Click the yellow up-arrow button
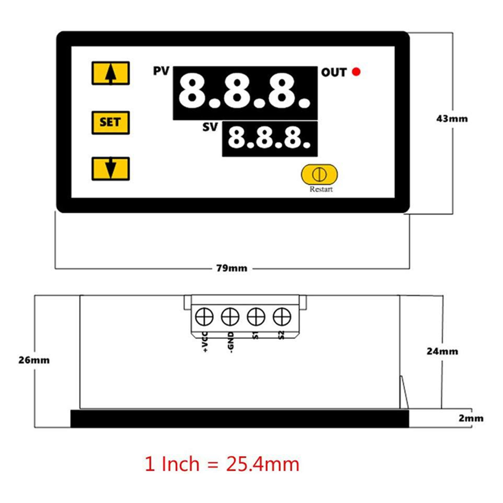[x=111, y=73]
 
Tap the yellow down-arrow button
[x=111, y=169]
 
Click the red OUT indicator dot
[x=356, y=71]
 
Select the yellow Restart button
[x=319, y=175]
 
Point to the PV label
[x=161, y=71]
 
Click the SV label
[x=210, y=127]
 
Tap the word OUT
[x=334, y=72]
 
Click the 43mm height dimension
[x=452, y=119]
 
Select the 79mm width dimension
[x=231, y=268]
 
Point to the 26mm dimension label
[x=34, y=360]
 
